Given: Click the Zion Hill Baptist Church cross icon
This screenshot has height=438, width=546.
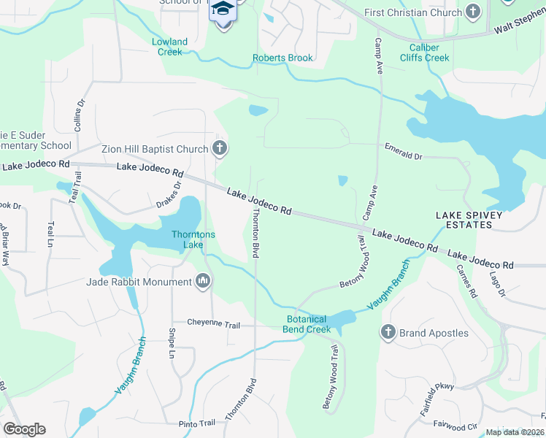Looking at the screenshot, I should coord(220,150).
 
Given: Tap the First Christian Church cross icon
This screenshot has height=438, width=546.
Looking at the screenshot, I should coord(474,12).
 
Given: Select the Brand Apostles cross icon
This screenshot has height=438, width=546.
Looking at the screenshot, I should coord(388,333).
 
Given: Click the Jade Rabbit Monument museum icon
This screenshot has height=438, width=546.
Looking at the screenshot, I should coord(203,281).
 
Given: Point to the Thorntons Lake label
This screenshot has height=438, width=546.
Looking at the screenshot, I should coord(193,239).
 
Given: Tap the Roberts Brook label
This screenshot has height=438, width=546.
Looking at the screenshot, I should coord(282,58).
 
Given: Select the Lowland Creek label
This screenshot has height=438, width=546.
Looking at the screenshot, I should coord(169,47).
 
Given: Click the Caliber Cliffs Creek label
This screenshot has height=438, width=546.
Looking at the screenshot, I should coord(424,53).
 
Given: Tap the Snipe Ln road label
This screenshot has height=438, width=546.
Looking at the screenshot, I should coord(172,345).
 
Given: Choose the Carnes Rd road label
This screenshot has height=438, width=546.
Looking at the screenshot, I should coord(466,281).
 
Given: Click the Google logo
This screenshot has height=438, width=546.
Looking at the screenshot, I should coord(24,429).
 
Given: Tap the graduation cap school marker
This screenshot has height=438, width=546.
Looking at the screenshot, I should coord(224,9).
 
